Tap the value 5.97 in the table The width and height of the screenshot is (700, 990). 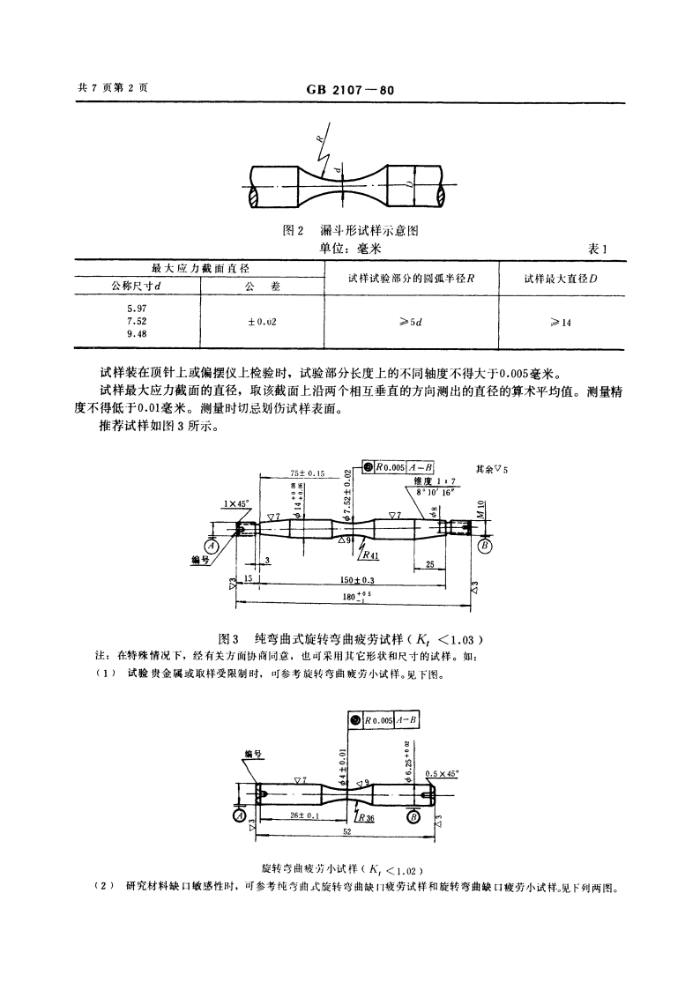137,308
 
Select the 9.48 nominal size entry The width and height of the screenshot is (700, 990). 137,334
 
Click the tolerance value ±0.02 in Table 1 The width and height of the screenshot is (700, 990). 262,321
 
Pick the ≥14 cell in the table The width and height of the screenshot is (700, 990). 561,322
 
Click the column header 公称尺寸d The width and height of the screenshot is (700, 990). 136,285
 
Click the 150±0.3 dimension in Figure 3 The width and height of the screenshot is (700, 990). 356,581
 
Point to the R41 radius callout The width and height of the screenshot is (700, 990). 369,556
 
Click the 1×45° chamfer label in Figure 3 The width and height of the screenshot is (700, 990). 235,504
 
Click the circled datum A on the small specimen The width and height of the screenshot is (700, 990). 238,815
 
